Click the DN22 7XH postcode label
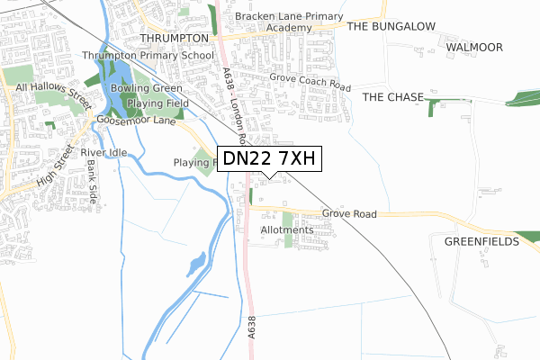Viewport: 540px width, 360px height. point(267,159)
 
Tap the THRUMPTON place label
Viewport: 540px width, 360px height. point(175,38)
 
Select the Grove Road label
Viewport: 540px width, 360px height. point(349,214)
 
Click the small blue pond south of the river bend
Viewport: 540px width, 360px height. point(195,264)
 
